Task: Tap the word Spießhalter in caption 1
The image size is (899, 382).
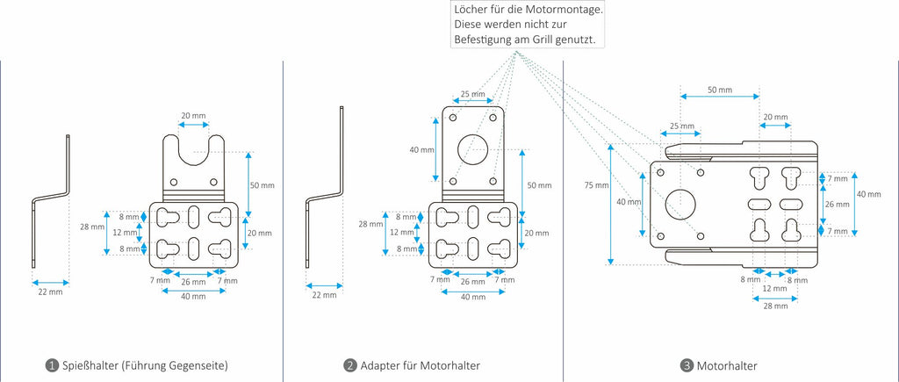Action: [x=90, y=365]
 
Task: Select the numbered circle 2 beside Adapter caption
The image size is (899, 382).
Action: [x=350, y=365]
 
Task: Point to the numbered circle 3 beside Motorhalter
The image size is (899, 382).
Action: [x=687, y=365]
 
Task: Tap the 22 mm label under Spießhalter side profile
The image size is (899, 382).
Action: [x=50, y=291]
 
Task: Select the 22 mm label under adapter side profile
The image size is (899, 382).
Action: [x=324, y=295]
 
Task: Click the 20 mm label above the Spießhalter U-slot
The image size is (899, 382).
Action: [x=193, y=116]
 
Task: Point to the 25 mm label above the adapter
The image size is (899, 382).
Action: [x=472, y=94]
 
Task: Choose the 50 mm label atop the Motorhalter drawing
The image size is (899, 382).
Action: [x=719, y=90]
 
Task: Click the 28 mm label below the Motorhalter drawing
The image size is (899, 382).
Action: [x=773, y=306]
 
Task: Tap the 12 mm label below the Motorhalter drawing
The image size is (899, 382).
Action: [x=773, y=289]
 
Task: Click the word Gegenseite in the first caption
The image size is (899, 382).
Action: [x=198, y=365]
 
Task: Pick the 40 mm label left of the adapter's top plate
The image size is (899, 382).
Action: [x=421, y=150]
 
